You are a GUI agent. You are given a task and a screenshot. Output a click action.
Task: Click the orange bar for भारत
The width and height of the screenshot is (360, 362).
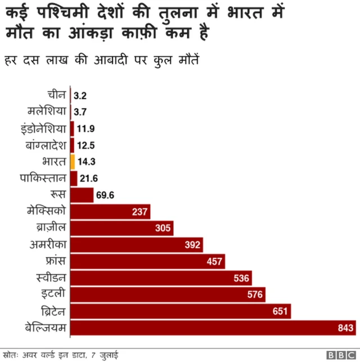[73, 162]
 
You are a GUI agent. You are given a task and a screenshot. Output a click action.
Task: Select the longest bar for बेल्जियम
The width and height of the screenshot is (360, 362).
[213, 328]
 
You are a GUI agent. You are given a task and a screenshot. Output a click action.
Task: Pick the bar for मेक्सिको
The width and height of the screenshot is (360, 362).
[110, 211]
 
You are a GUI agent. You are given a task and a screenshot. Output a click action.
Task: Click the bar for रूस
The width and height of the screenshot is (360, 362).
[82, 195]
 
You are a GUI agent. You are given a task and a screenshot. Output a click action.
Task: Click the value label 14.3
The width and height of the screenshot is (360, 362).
[86, 162]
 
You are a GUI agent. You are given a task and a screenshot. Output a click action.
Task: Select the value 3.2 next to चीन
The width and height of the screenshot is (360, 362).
[80, 96]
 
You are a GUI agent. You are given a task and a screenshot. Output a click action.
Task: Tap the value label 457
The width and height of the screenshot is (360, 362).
[214, 261]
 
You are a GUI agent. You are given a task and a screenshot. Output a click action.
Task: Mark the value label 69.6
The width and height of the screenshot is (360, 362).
[106, 195]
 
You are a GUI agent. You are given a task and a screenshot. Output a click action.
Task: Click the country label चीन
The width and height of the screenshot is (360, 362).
[57, 95]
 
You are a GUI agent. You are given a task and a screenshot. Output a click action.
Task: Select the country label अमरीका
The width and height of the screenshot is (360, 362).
[48, 244]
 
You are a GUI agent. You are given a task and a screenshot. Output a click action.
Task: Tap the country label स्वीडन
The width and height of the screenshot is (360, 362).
[51, 278]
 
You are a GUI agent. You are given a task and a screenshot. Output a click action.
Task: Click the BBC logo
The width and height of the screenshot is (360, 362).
[340, 355]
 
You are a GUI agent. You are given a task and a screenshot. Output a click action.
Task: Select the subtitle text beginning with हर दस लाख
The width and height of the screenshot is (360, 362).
[101, 59]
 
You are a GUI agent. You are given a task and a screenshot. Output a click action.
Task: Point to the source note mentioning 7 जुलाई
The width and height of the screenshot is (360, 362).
[61, 355]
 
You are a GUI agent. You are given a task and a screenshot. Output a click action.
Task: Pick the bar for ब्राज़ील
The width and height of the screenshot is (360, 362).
[121, 228]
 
